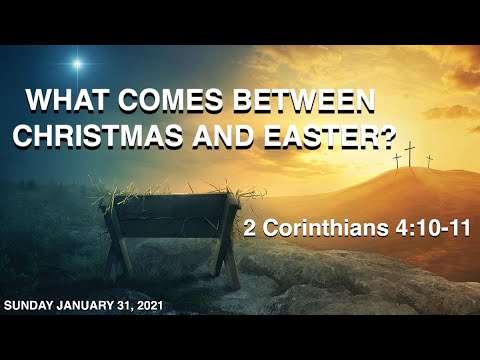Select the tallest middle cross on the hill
tap(409, 151)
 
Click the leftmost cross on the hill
tap(396, 159)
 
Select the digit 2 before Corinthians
tap(249, 228)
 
